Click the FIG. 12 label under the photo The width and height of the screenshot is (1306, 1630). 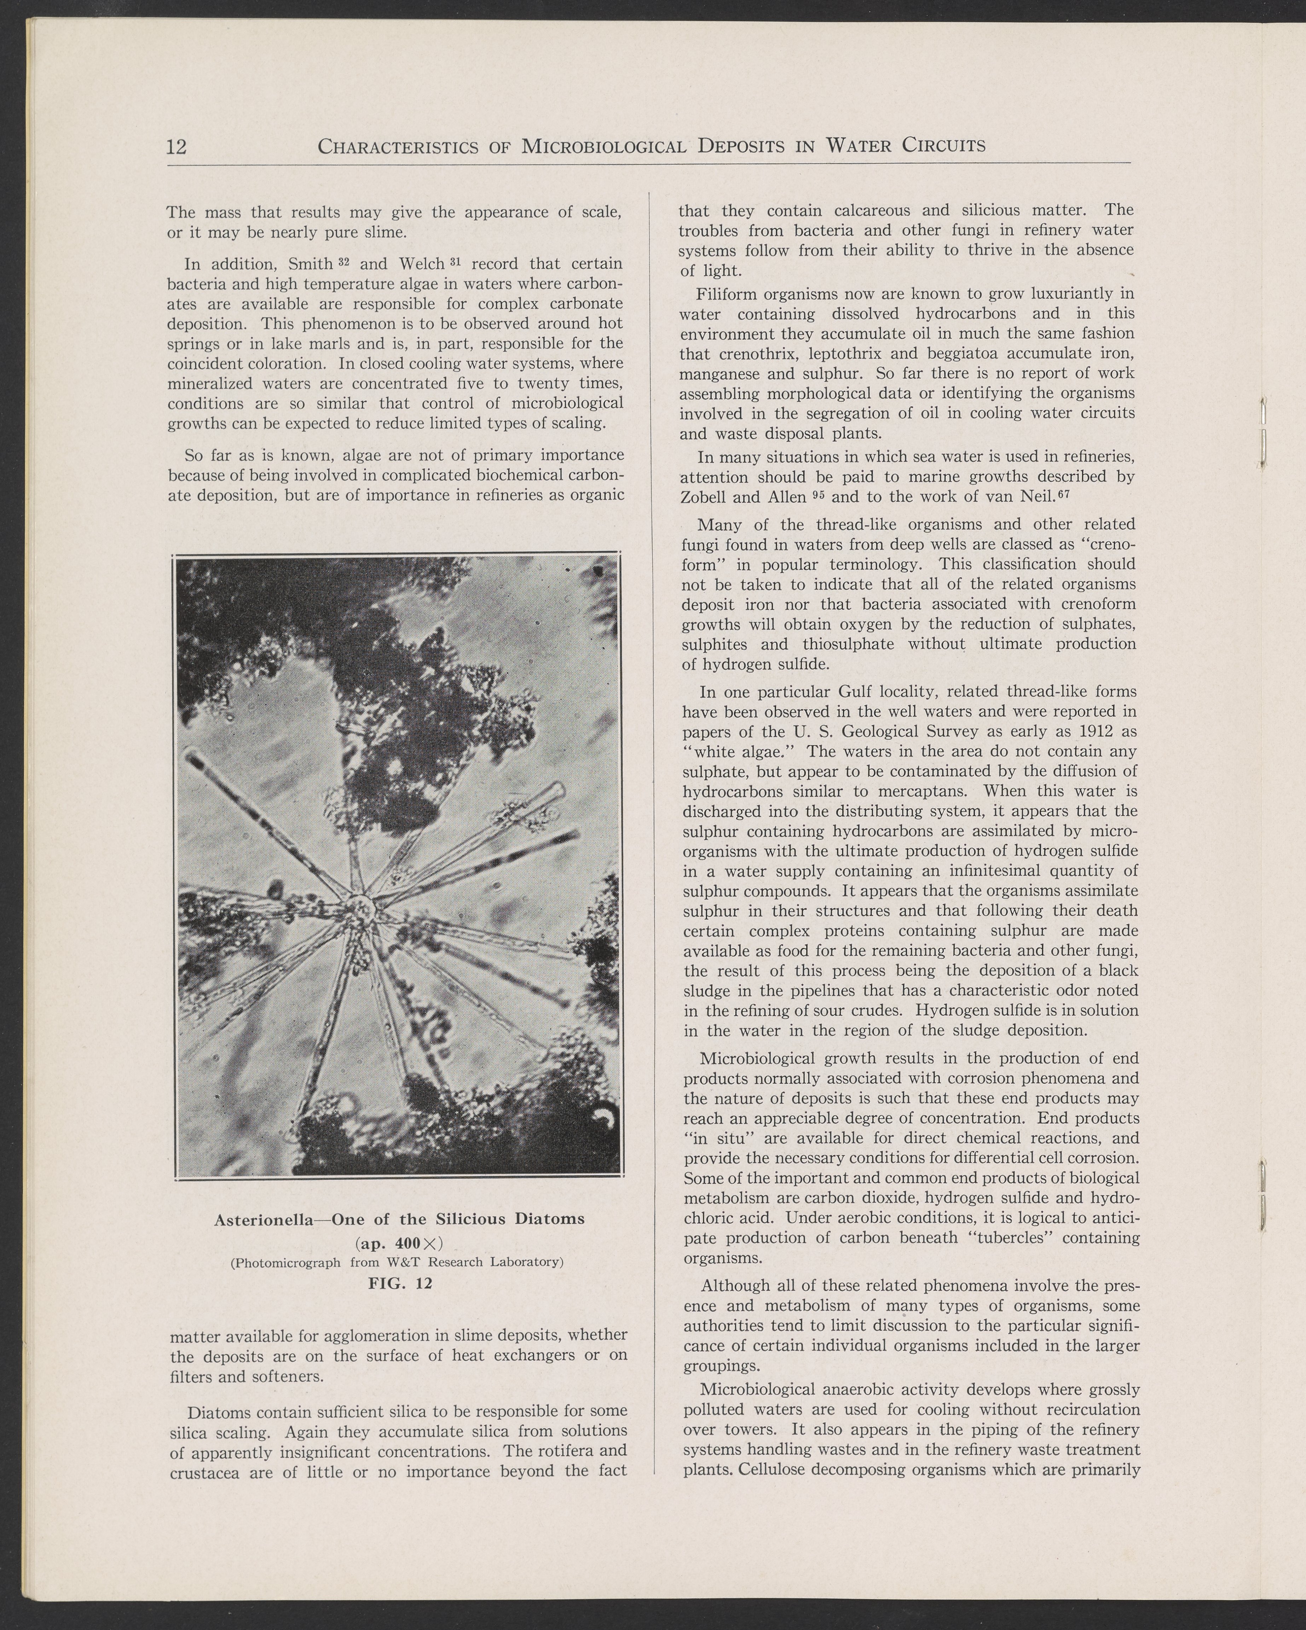pyautogui.click(x=399, y=1283)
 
